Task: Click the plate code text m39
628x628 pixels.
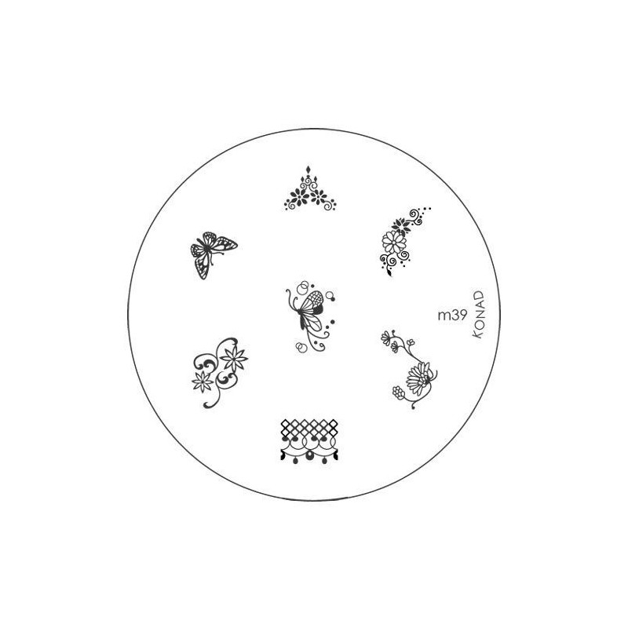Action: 452,316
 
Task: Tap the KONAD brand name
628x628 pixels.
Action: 479,315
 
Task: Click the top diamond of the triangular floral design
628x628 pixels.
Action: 308,170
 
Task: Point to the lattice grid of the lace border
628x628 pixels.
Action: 309,428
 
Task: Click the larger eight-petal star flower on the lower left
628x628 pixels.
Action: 234,358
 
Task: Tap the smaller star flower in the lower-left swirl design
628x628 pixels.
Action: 203,382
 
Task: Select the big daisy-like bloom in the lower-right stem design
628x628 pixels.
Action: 418,378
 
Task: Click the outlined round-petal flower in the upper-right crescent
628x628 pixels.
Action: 394,242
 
